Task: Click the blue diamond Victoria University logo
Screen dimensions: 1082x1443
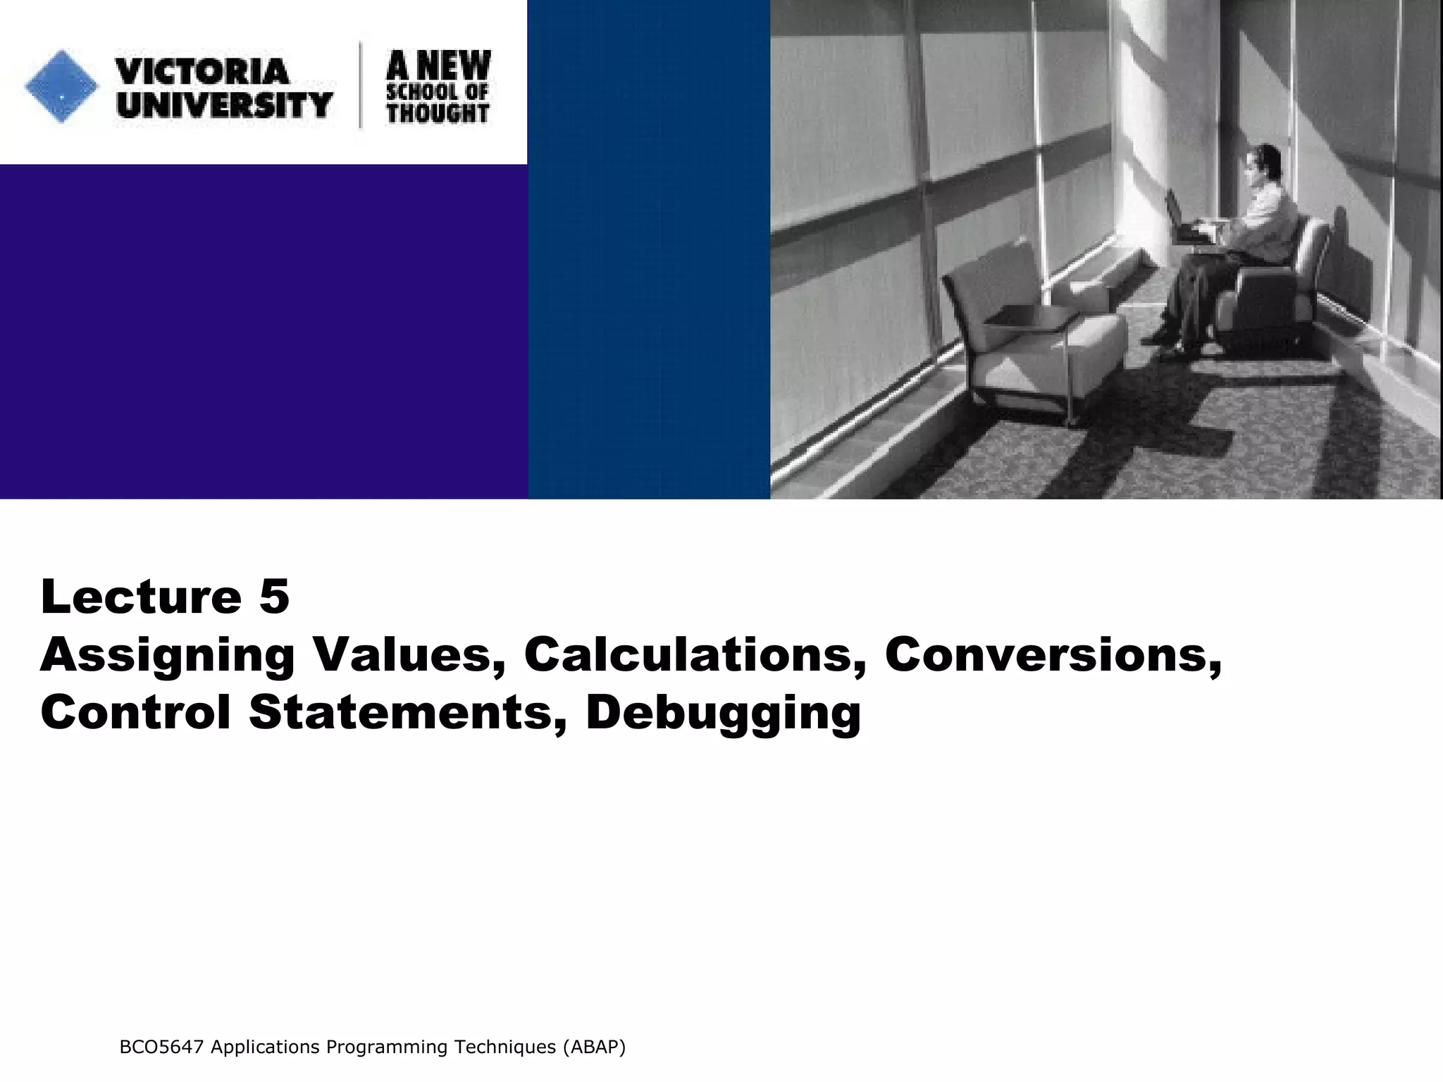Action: tap(61, 87)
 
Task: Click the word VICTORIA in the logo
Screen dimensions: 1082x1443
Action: tap(202, 71)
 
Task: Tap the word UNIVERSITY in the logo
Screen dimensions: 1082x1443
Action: tap(225, 105)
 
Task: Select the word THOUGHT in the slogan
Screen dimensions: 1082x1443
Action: tap(438, 113)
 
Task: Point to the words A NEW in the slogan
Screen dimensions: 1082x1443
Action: tap(438, 66)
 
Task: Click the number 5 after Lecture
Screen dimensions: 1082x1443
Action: tap(274, 597)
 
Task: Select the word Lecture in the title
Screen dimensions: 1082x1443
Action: tap(141, 597)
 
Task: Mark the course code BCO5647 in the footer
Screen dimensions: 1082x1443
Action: tap(161, 1047)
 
